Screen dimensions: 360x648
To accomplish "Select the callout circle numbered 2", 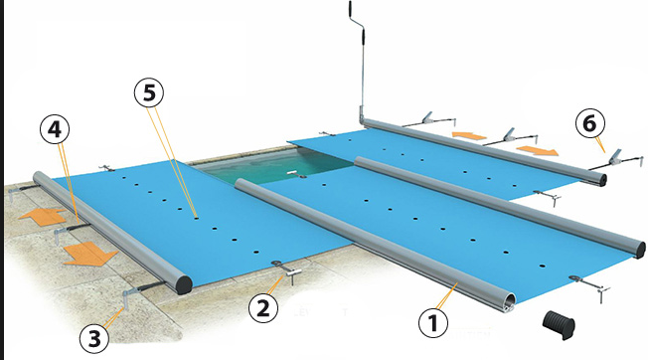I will point(262,308).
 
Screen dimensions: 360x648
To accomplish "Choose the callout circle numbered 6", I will point(590,125).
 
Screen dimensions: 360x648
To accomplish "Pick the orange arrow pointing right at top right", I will point(538,150).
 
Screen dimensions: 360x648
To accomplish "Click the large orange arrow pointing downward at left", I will point(87,257).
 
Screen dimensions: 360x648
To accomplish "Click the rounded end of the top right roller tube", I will point(598,177).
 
